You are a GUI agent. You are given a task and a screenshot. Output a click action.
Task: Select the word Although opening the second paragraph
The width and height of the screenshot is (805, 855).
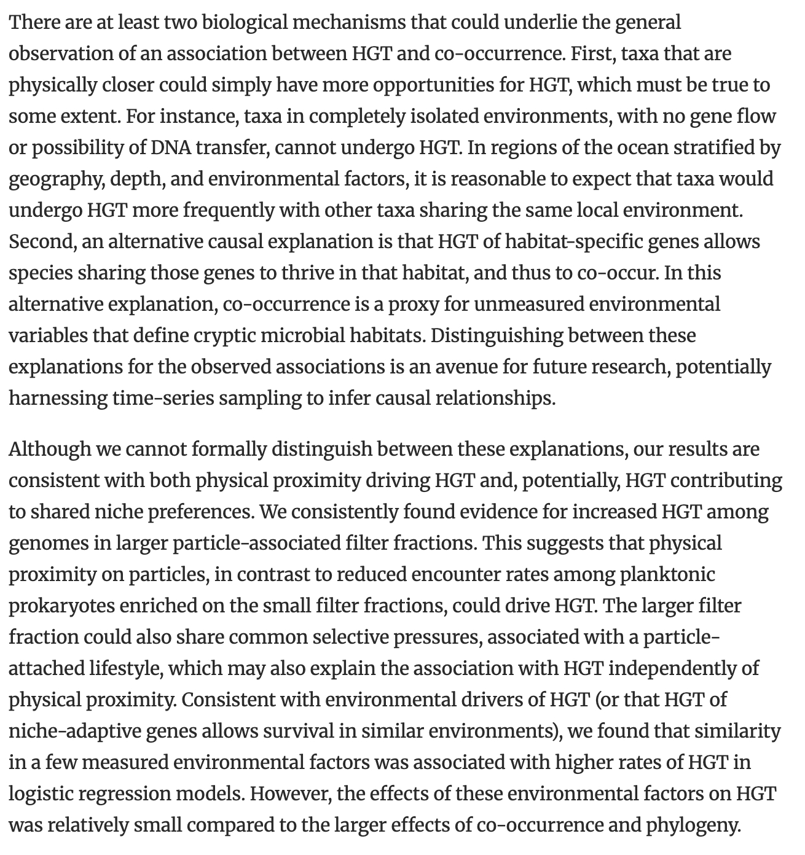[x=49, y=449]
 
